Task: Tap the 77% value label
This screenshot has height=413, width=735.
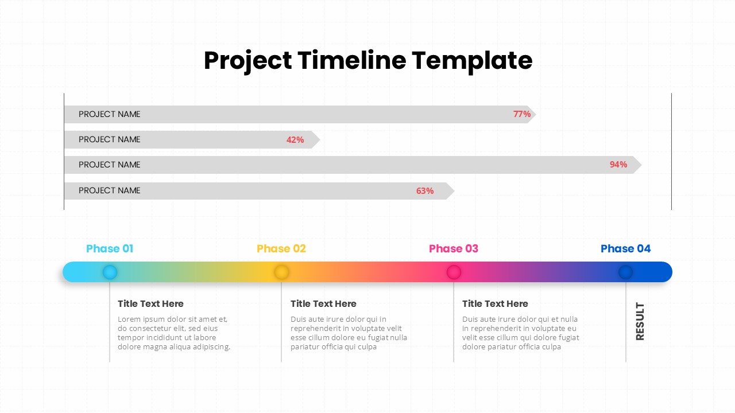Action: pos(522,114)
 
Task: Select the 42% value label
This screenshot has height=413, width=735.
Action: pos(295,139)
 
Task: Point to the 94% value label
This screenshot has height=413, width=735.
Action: pos(618,165)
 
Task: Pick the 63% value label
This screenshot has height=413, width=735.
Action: pos(425,191)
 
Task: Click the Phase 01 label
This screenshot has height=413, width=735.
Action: pos(110,248)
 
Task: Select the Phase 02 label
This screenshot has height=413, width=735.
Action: pos(281,248)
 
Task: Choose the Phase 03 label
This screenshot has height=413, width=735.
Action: pos(454,248)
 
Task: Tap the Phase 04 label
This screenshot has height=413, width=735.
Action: pos(626,248)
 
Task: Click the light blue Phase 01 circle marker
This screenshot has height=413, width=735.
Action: pos(110,272)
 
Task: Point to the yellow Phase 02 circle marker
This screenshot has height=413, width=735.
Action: pos(281,272)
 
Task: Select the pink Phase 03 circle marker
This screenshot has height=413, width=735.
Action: pos(454,272)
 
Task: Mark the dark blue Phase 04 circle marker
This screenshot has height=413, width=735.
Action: pos(626,272)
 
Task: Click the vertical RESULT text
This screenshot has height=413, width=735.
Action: pos(640,322)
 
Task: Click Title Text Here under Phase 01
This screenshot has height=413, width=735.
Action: pos(151,304)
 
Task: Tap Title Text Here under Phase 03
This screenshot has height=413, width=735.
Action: pos(495,304)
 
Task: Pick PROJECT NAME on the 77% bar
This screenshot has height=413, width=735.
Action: pos(110,114)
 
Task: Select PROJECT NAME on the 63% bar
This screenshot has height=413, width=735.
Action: pos(110,190)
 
